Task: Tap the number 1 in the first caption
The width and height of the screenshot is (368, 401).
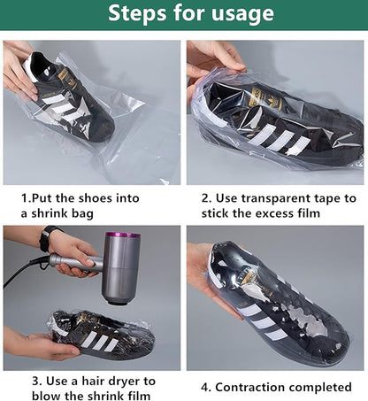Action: [25, 199]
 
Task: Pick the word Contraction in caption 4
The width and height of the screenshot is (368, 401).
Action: [257, 387]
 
